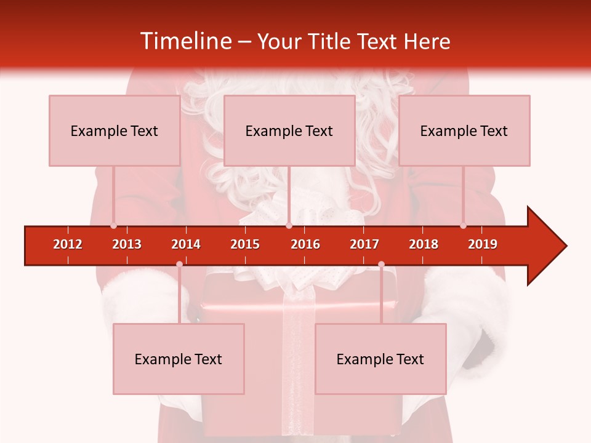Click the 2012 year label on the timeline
click(x=68, y=244)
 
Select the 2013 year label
click(x=127, y=244)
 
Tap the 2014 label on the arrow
click(x=186, y=244)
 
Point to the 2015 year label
click(x=245, y=244)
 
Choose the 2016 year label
click(x=305, y=244)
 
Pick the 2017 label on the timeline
click(x=364, y=244)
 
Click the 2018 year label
click(x=424, y=244)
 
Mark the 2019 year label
click(x=483, y=244)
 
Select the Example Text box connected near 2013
click(x=115, y=130)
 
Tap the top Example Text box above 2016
click(x=289, y=130)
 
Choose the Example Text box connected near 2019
click(x=464, y=130)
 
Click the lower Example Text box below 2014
click(x=179, y=359)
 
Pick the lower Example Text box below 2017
click(x=380, y=359)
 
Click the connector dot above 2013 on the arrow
click(x=113, y=225)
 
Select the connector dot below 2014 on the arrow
click(x=179, y=265)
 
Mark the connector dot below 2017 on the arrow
click(x=381, y=265)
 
